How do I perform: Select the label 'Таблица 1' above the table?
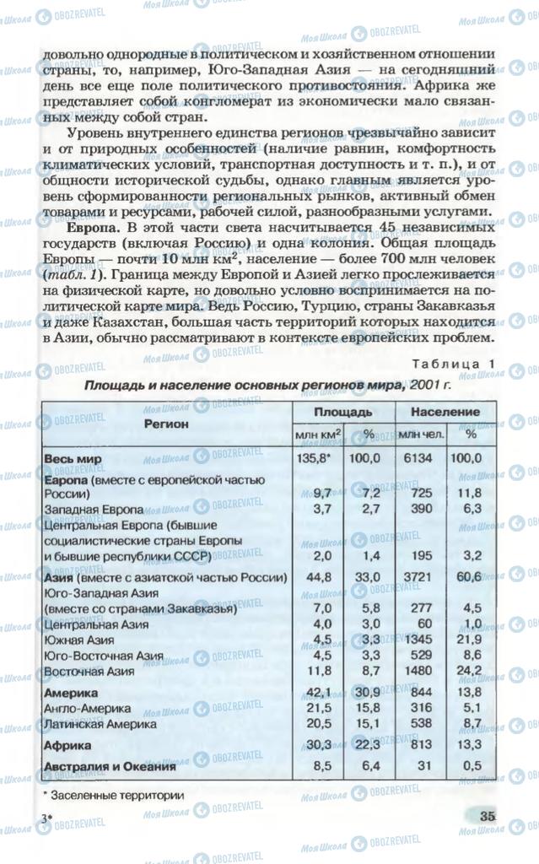[453, 364]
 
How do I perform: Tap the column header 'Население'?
[445, 412]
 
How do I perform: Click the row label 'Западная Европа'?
[92, 510]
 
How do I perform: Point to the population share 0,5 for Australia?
[472, 767]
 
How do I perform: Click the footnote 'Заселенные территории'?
[117, 794]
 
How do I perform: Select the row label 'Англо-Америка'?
[87, 709]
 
